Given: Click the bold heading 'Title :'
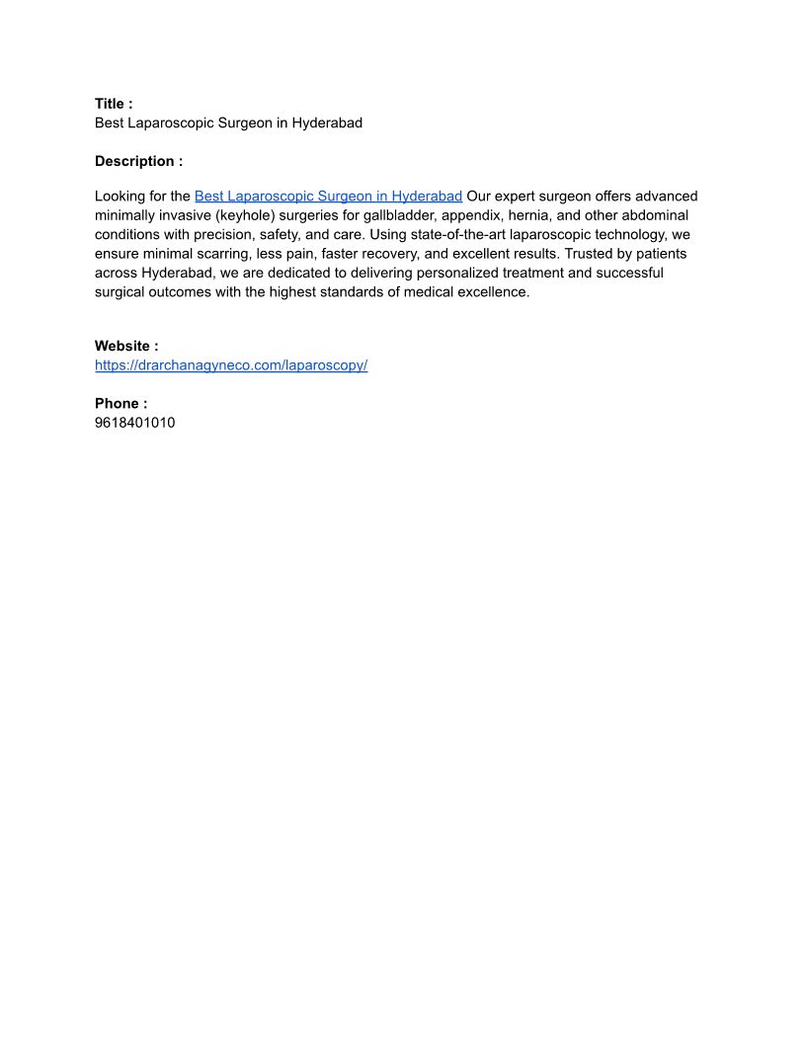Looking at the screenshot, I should click(x=114, y=104).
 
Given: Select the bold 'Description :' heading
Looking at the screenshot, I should click(x=138, y=161).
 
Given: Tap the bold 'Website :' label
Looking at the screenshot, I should click(x=126, y=346).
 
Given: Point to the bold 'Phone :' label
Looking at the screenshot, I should click(x=121, y=403).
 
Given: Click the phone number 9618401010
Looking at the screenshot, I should click(x=135, y=423).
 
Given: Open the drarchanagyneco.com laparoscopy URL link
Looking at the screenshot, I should click(x=231, y=365).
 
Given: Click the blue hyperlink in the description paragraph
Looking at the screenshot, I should click(x=328, y=197).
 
